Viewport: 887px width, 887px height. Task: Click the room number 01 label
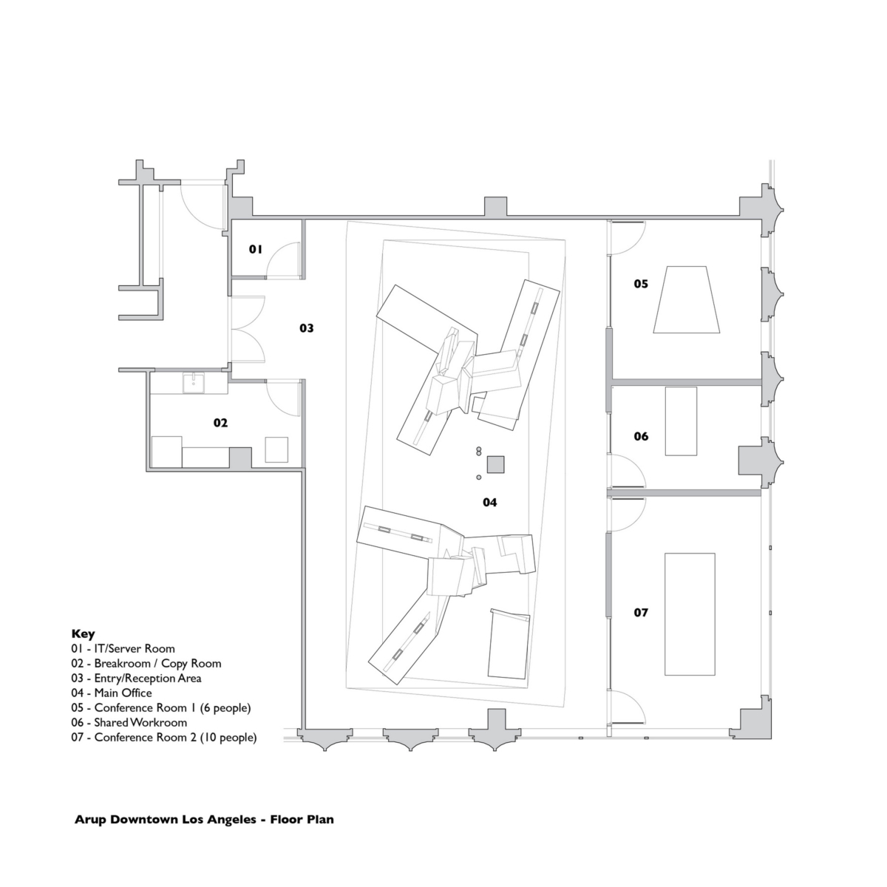(x=255, y=250)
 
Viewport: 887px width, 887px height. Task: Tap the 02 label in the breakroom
(x=220, y=423)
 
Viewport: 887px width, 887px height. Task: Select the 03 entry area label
(x=306, y=327)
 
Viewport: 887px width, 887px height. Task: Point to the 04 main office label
(x=489, y=503)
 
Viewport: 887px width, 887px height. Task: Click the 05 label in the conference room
(x=640, y=283)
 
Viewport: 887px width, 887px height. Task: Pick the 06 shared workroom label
(x=640, y=436)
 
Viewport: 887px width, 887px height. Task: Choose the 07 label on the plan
(x=640, y=612)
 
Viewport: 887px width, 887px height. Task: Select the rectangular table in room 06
(x=681, y=421)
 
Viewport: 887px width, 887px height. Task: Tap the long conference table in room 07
(x=689, y=614)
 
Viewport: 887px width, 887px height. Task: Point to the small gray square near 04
(x=496, y=465)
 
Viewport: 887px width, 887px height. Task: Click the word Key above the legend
(x=83, y=633)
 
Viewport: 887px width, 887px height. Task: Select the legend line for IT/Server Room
(x=123, y=649)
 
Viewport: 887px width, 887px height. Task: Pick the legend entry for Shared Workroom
(x=129, y=722)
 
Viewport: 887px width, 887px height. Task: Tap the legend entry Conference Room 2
(x=164, y=737)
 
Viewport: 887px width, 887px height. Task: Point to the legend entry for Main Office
(x=112, y=693)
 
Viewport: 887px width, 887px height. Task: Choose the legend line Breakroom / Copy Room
(x=146, y=664)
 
